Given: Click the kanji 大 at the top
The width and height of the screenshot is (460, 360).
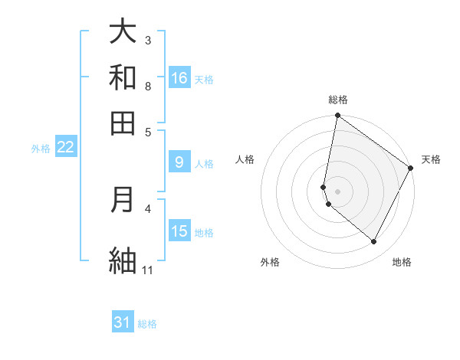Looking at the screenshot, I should click(x=123, y=31).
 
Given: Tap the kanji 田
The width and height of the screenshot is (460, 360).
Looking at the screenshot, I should click(x=123, y=123).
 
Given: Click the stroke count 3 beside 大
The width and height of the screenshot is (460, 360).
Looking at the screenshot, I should click(x=148, y=40).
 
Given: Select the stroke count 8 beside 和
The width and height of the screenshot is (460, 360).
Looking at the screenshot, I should click(x=148, y=86).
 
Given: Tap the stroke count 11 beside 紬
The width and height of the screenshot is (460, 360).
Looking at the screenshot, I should click(x=148, y=270).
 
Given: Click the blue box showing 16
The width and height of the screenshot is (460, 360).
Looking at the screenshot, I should click(x=179, y=78).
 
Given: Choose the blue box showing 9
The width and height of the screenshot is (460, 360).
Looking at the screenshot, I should click(x=179, y=162).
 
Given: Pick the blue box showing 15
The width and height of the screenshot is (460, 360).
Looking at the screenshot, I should click(x=179, y=231).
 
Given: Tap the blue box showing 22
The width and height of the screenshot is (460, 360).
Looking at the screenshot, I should click(x=65, y=148).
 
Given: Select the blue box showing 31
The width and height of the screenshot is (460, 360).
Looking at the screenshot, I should click(x=123, y=322).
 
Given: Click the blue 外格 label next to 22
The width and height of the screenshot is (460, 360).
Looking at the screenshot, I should click(x=41, y=149).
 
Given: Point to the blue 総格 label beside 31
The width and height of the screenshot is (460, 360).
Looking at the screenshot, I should click(x=147, y=324).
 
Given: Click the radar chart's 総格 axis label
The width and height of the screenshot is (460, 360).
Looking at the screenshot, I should click(x=337, y=100).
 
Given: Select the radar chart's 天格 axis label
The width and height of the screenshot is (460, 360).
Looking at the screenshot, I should click(x=431, y=159).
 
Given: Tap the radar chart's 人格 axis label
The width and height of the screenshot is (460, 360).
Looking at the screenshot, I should click(x=245, y=159).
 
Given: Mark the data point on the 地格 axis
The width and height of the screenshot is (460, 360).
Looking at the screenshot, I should click(x=374, y=242).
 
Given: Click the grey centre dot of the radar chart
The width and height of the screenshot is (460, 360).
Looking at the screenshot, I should click(x=337, y=191).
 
